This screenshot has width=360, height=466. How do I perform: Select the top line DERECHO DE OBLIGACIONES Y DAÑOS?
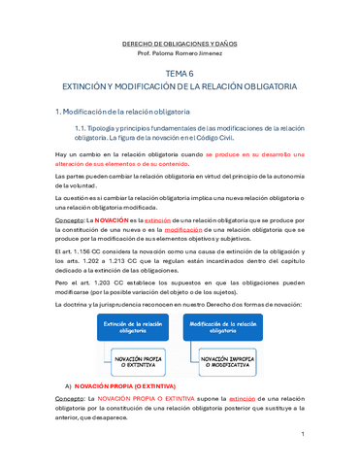179,44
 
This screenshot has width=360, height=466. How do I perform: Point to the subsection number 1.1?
82,128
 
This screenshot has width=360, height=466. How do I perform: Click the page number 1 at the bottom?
331,434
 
